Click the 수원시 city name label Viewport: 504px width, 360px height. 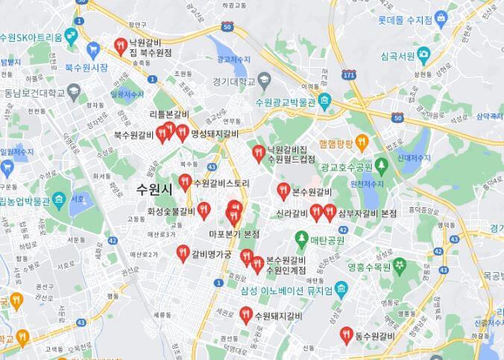click(155, 189)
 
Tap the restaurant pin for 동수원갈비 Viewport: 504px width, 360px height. click(345, 335)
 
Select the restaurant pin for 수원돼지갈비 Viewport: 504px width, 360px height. click(245, 315)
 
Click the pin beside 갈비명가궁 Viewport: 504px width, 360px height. click(182, 253)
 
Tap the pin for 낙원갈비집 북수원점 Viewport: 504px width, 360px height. click(120, 46)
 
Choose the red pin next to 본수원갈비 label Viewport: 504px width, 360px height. click(283, 191)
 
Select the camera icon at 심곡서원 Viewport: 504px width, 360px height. click(423, 54)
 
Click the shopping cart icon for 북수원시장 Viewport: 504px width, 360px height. click(92, 50)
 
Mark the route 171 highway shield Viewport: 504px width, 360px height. click(349, 75)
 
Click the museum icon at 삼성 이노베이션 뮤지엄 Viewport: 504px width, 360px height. click(341, 288)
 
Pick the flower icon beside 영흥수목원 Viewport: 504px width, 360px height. click(400, 265)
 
